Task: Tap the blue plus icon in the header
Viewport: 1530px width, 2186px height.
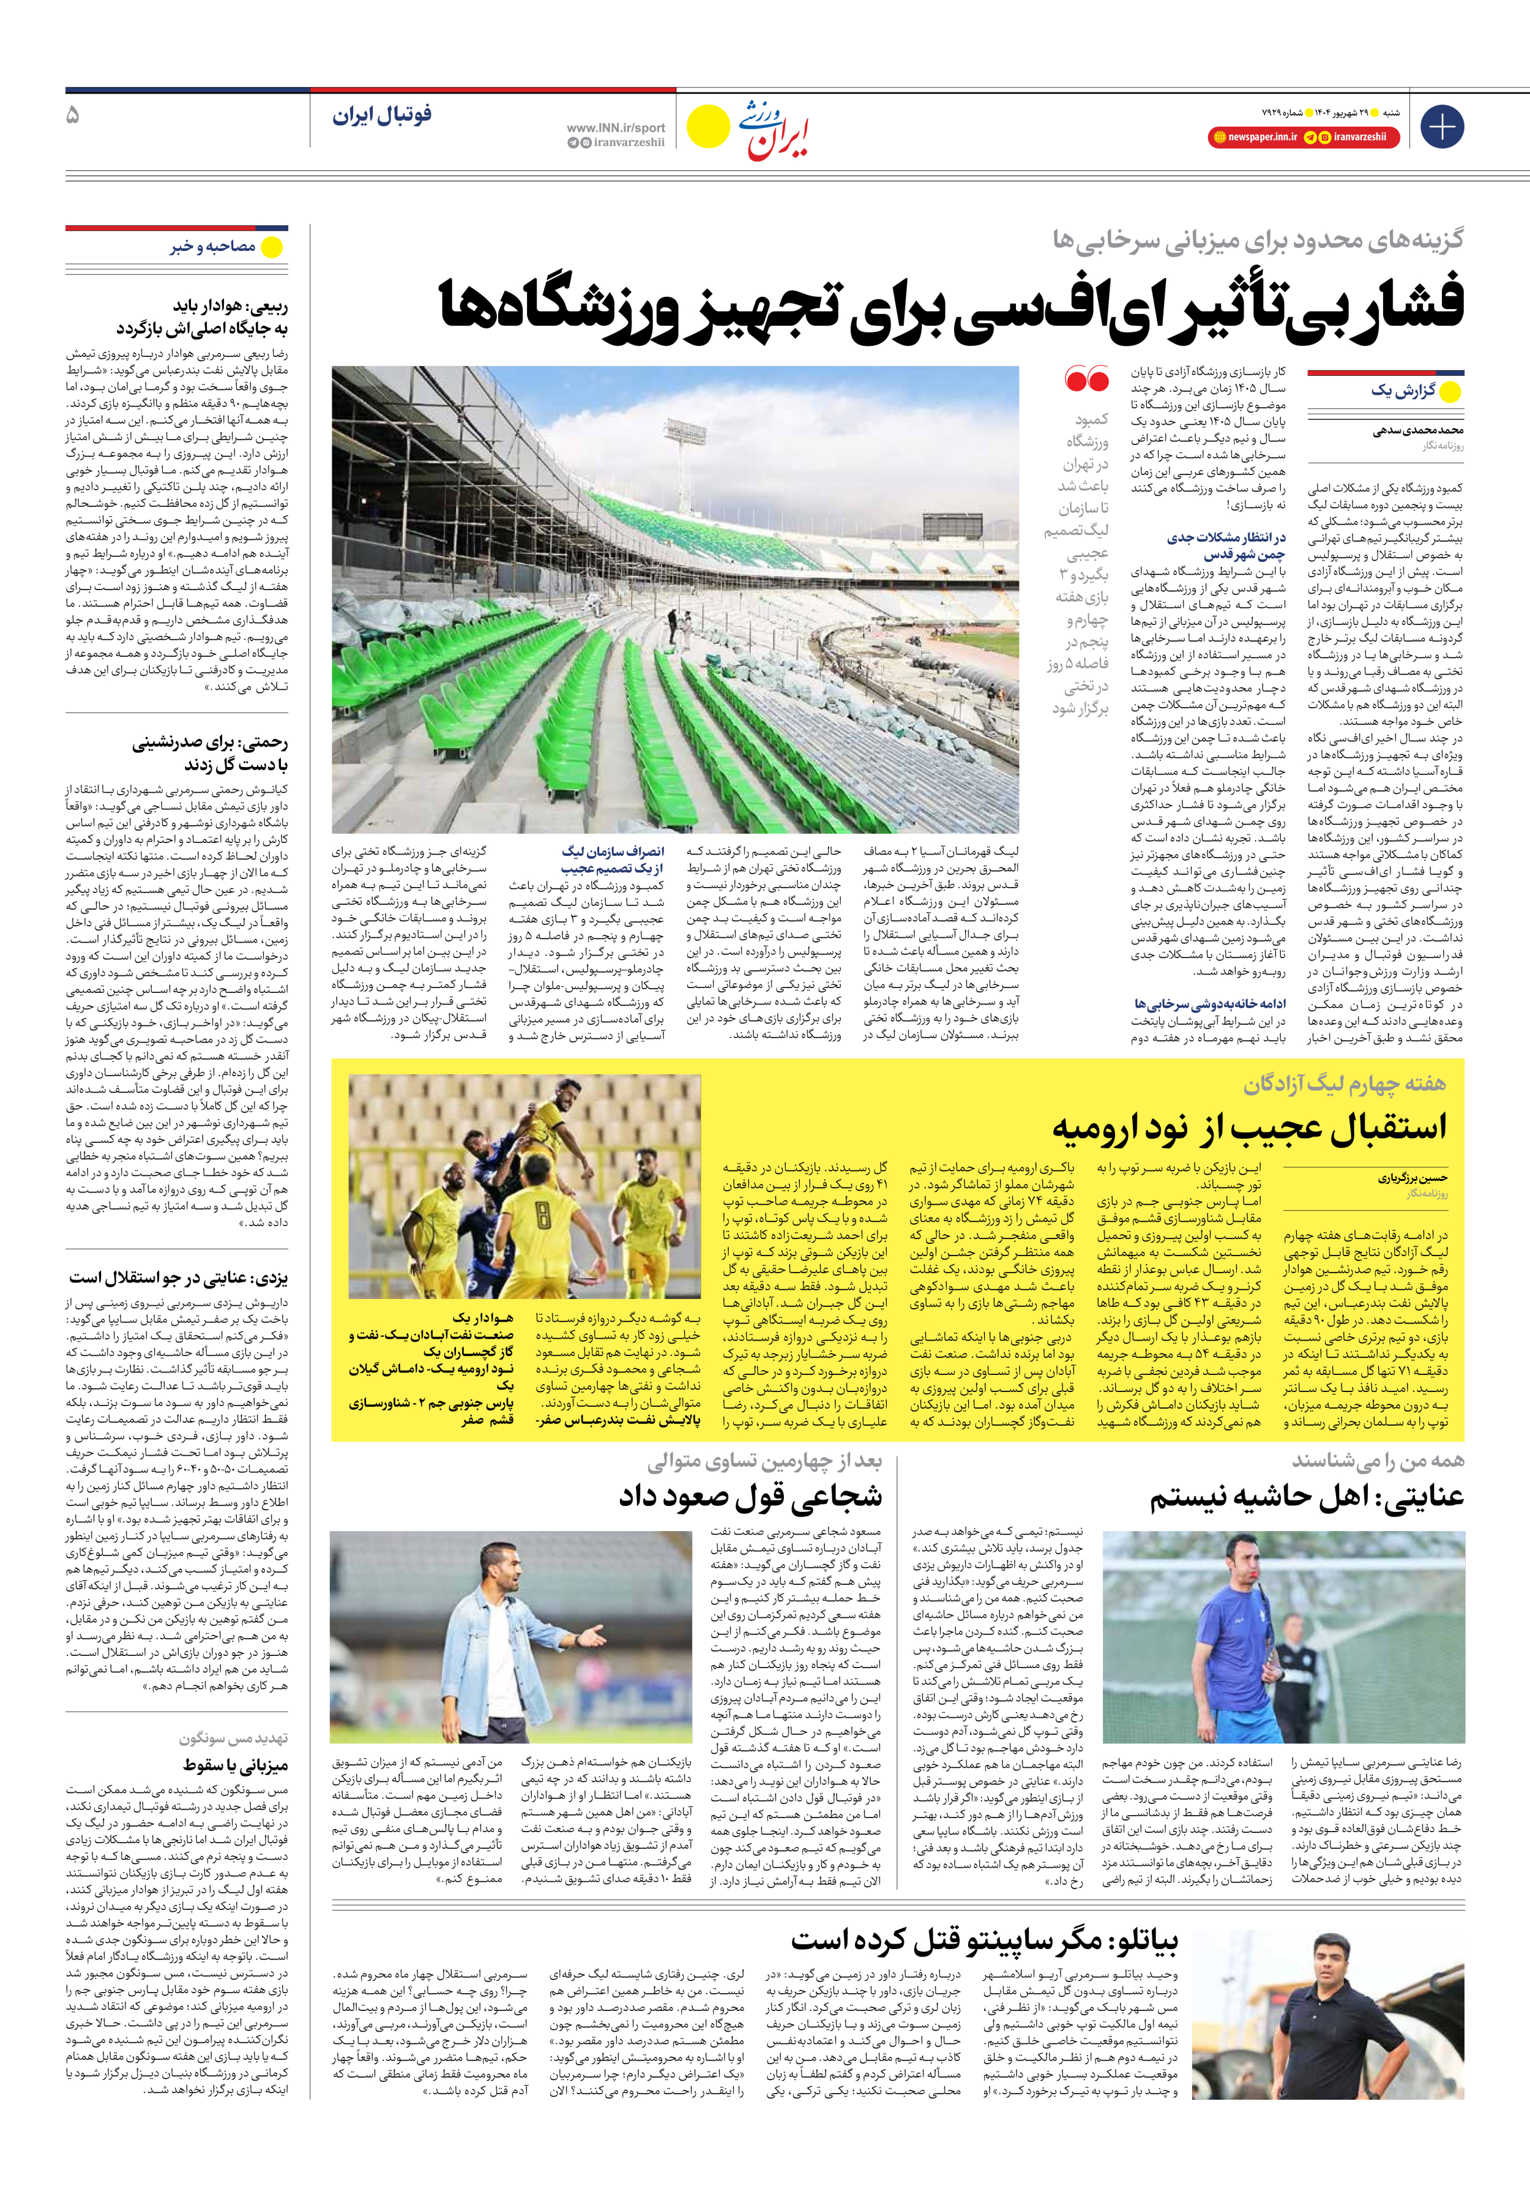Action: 1441,127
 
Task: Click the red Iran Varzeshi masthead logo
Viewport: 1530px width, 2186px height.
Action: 773,130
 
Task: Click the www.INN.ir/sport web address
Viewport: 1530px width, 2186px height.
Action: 615,127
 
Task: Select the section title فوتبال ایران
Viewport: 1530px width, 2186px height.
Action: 382,116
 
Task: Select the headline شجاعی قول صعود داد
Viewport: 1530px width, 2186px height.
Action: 750,1495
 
